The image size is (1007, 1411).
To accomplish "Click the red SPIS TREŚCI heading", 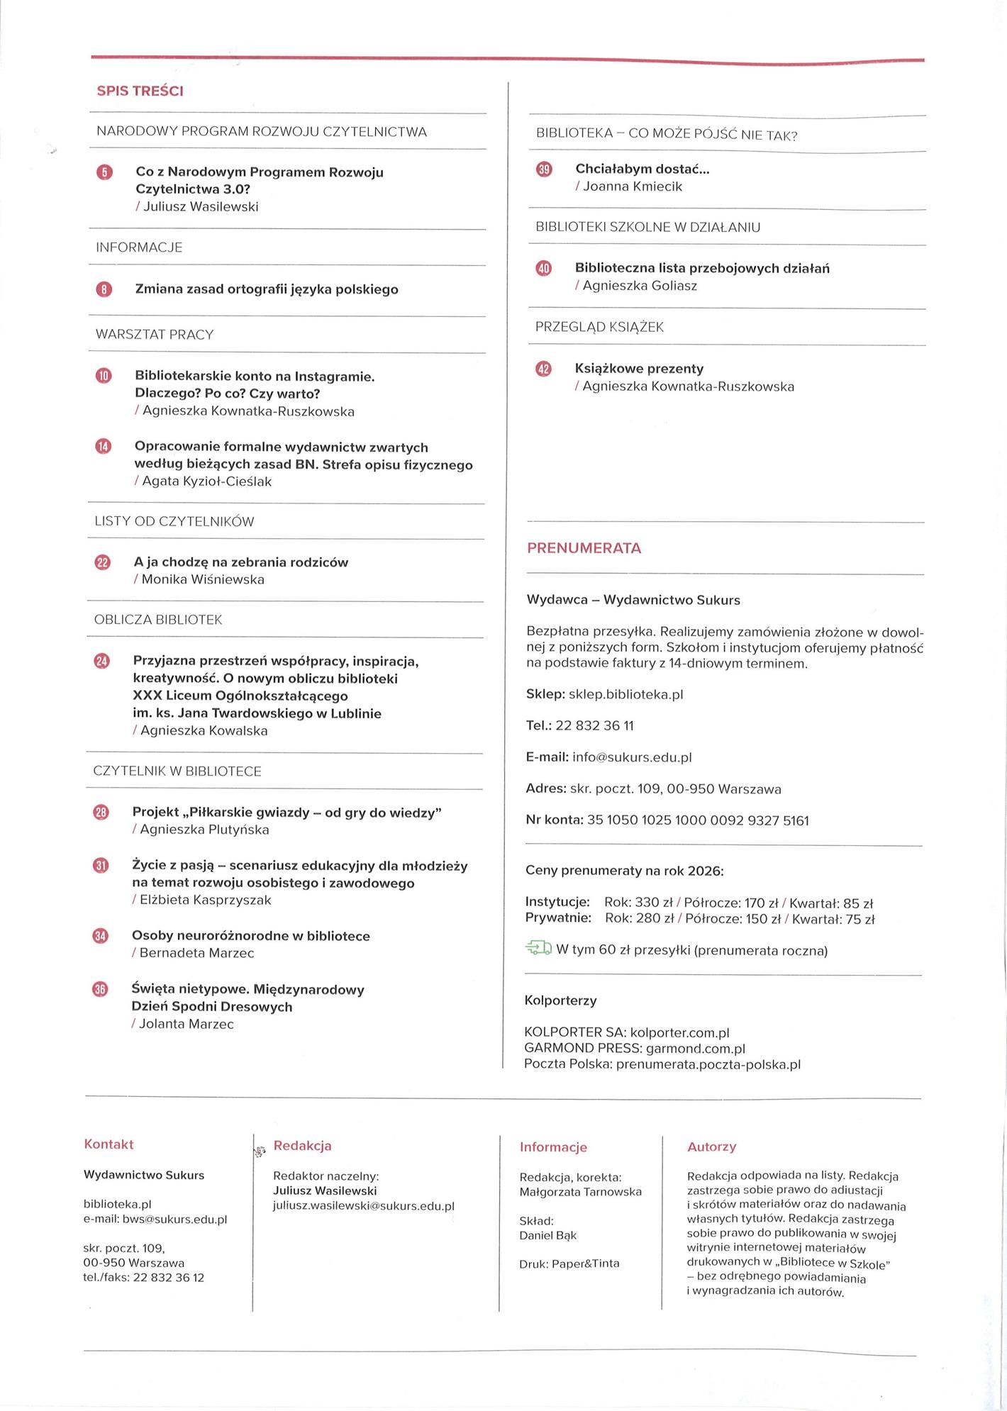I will click(x=140, y=91).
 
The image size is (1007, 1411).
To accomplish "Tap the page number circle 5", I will click(x=104, y=172).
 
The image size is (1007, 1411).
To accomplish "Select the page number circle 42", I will click(x=544, y=369).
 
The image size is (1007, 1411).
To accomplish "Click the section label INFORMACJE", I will click(x=139, y=247).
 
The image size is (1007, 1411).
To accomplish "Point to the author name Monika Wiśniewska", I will click(x=203, y=579).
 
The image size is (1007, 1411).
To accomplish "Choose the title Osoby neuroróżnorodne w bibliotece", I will click(x=251, y=936).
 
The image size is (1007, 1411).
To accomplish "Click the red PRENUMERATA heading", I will click(x=584, y=548).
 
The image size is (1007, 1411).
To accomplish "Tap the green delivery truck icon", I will click(x=538, y=949).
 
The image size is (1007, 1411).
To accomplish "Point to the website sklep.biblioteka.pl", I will click(x=625, y=694).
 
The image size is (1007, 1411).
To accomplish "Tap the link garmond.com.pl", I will click(x=695, y=1048).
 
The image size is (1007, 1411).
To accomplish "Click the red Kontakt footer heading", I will click(x=109, y=1144).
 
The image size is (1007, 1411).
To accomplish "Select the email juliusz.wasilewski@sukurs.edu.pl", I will click(x=363, y=1206).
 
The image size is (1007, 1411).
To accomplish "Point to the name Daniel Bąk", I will click(x=547, y=1235).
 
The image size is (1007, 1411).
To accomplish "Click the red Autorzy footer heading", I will click(x=711, y=1147).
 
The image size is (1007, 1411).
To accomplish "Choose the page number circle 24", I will click(x=102, y=662).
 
